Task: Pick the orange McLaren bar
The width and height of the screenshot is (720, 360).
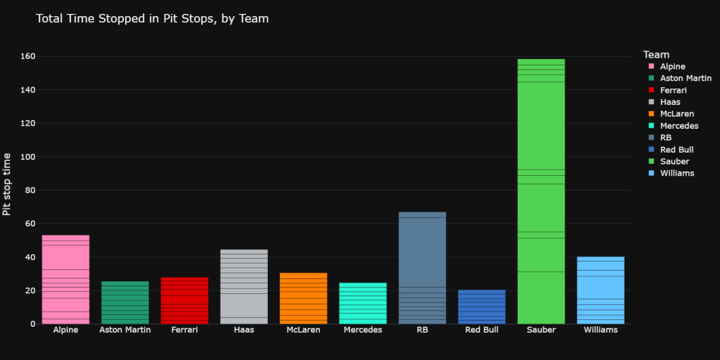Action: (x=303, y=298)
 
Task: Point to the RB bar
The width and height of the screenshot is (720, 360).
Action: (x=422, y=267)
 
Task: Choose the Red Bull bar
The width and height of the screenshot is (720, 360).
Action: (x=481, y=307)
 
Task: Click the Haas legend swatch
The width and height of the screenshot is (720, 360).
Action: (x=650, y=102)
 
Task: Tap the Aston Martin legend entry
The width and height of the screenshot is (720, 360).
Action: (x=686, y=78)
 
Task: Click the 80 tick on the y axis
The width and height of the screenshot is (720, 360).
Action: (x=29, y=190)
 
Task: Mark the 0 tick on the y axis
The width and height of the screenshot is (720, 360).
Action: (x=32, y=324)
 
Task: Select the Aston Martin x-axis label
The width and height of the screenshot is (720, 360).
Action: (x=125, y=330)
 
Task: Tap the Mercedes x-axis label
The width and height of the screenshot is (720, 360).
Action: (x=362, y=330)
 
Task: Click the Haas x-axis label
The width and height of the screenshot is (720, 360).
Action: (x=244, y=330)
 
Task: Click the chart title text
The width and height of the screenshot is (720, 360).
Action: (x=152, y=19)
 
